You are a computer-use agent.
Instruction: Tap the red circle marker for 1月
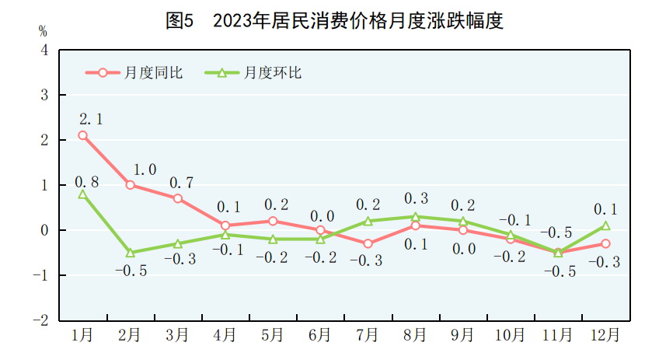(82, 135)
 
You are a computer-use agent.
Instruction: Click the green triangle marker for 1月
(82, 194)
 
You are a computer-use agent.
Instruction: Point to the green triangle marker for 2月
(130, 253)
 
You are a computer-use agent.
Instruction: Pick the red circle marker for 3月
(178, 198)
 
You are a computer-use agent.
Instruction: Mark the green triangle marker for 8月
(415, 217)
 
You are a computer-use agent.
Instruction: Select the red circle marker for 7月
(368, 243)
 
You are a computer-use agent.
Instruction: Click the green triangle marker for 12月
(605, 225)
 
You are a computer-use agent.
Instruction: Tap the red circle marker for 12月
(605, 243)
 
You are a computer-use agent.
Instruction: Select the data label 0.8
(86, 181)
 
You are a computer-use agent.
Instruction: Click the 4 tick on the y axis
(44, 50)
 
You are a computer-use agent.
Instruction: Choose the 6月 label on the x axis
(319, 335)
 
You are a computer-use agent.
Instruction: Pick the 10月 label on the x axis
(510, 335)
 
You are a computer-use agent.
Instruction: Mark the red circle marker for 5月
(273, 221)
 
